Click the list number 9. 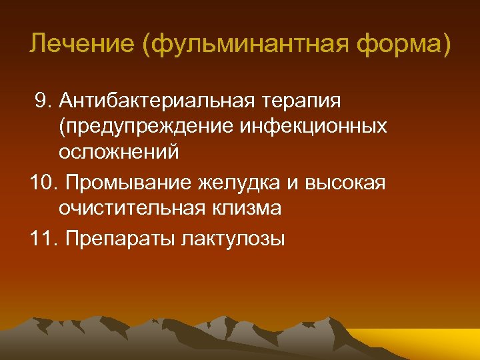coord(43,101)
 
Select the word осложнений coord(119,151)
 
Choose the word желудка coord(229,182)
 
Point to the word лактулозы coord(233,238)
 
